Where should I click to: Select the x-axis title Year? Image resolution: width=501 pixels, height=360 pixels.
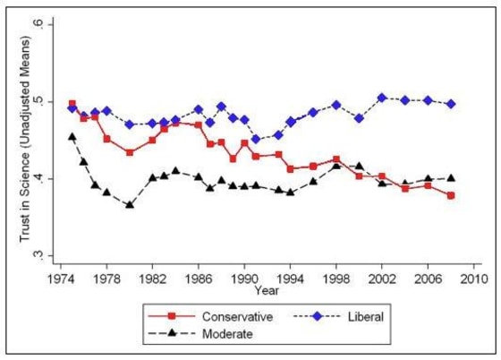[x=265, y=290]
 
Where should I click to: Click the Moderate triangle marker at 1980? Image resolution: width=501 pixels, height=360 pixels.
[x=130, y=204]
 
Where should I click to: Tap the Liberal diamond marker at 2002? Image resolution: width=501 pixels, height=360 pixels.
[x=383, y=98]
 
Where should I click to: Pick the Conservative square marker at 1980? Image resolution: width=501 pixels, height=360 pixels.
[x=130, y=152]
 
